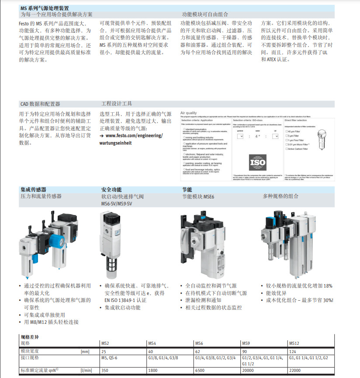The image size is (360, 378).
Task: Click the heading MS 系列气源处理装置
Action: point(44,8)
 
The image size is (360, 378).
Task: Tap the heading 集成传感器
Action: point(33,190)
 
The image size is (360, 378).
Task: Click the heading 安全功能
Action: point(111,190)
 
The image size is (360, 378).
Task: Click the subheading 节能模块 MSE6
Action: point(198,197)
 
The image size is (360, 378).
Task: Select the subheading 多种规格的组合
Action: point(281,197)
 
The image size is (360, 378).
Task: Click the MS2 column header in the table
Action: point(105,343)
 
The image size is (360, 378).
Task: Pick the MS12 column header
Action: point(294,343)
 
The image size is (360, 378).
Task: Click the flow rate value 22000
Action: point(295,370)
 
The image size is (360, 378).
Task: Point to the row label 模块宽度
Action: point(31,351)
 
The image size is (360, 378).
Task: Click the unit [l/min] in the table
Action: point(87,370)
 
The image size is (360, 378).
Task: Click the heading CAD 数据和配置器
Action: point(40,104)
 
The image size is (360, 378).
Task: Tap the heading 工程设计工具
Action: point(117,104)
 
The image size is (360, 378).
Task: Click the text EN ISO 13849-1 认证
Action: point(125,300)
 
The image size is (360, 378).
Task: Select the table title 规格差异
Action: point(30,336)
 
